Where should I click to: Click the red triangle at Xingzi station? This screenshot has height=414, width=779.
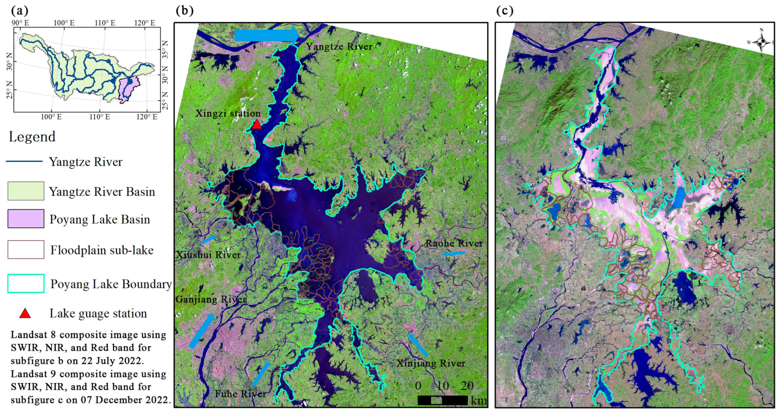pos(256,124)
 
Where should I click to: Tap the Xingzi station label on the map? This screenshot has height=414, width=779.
pos(228,113)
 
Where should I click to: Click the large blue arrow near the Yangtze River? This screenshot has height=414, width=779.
pos(266,35)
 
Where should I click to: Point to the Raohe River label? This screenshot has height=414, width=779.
pos(454,243)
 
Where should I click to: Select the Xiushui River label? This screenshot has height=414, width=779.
pos(208,255)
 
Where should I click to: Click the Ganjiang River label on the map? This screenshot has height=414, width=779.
pos(211,299)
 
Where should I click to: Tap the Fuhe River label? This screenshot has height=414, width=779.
pos(240,394)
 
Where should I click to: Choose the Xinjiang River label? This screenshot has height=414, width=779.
pos(431,363)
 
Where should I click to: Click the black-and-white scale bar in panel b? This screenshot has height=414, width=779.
pos(442,400)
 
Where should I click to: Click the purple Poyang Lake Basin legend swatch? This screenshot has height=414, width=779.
pos(26,219)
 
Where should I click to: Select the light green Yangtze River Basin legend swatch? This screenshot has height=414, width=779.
pos(26,191)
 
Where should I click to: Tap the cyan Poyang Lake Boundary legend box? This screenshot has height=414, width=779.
pos(26,283)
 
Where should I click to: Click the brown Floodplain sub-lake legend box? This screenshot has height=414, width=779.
pos(26,249)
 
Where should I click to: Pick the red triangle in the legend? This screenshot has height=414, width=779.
pos(25,314)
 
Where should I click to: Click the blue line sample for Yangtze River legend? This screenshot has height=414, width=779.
pos(24,161)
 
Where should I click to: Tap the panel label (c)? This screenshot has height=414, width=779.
pos(505,11)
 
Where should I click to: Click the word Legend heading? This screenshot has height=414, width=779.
pos(32,137)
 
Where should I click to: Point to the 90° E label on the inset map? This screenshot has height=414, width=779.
pos(20,23)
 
